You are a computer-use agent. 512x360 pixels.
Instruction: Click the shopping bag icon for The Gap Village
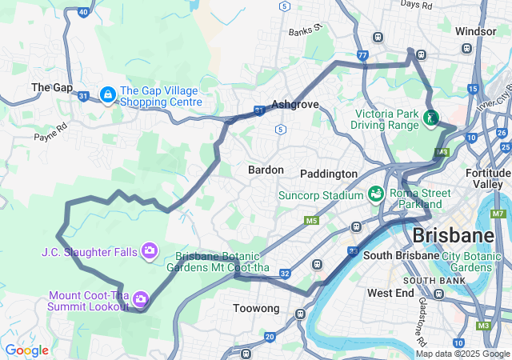point(106,95)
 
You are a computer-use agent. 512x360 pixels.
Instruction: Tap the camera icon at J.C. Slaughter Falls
point(149,252)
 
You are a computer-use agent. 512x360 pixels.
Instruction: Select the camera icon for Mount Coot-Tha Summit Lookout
point(141,299)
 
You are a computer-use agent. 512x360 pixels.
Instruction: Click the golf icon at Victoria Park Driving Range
point(431,118)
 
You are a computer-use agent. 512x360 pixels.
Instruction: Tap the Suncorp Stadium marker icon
point(374,194)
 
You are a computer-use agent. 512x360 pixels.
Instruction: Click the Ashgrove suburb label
point(295,104)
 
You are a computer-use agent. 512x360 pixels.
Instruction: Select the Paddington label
point(329,174)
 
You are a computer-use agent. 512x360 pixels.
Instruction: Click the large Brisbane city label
point(453,235)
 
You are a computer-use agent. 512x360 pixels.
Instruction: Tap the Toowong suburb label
point(256,308)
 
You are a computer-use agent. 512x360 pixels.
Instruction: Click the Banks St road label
point(305,31)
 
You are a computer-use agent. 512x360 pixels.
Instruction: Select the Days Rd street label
point(416,5)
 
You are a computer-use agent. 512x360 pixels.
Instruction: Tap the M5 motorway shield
point(311,220)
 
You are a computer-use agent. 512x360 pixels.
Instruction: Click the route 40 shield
point(83,12)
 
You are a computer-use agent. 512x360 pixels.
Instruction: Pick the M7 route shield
point(498,214)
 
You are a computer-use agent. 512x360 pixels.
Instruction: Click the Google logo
point(26,350)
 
